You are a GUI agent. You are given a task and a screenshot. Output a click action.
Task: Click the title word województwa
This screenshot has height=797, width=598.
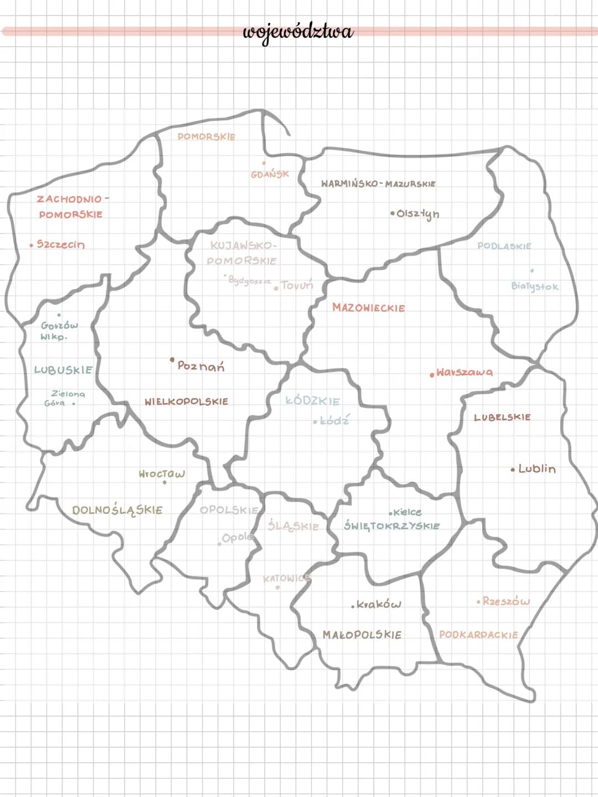click(x=298, y=32)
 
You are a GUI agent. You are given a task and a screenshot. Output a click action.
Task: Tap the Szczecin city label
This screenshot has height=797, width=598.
click(x=61, y=244)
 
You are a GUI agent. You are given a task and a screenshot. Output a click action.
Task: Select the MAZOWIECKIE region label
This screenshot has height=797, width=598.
click(x=369, y=308)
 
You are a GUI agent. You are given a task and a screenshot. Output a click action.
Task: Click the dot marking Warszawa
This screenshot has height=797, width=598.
click(x=432, y=375)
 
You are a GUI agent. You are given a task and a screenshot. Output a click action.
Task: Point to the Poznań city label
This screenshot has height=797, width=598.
click(x=201, y=366)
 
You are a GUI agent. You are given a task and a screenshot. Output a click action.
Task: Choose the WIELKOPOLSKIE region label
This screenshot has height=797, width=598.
click(x=186, y=402)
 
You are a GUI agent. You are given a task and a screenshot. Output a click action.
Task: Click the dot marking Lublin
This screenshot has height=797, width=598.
click(x=513, y=470)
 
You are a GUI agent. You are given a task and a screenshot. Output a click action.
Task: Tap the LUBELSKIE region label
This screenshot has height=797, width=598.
click(x=502, y=417)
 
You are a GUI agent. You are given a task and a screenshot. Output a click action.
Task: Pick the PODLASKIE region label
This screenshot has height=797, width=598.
click(x=504, y=246)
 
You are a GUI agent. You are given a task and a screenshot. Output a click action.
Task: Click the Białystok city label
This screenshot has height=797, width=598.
click(x=535, y=286)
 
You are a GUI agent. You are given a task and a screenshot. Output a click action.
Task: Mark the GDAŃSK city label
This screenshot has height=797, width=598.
click(x=270, y=174)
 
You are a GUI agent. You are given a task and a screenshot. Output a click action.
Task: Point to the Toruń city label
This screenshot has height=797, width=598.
click(x=297, y=285)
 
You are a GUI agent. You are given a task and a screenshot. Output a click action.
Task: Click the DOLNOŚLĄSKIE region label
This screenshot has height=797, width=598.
click(x=117, y=510)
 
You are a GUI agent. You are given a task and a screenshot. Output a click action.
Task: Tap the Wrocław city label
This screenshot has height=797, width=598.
click(x=162, y=474)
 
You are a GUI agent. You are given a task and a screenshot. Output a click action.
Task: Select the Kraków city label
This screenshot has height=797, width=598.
click(x=379, y=604)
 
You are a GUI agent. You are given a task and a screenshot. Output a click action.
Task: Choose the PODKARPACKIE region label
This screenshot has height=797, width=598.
click(x=478, y=635)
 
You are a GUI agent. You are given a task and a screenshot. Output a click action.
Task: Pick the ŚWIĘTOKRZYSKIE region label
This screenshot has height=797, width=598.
click(x=392, y=526)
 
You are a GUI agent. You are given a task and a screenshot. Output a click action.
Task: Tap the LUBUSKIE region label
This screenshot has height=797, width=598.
click(x=63, y=370)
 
